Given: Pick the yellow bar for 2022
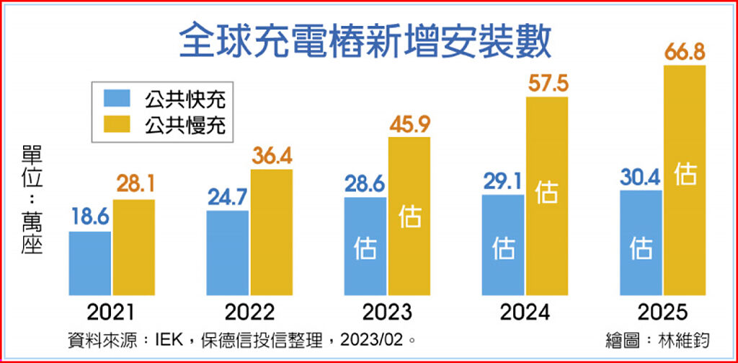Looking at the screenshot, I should [272, 232].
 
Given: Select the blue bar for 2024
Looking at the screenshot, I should [503, 245].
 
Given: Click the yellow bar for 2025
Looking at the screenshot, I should [684, 180].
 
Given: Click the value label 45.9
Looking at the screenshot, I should [409, 123].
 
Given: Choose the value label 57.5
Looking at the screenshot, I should [547, 83].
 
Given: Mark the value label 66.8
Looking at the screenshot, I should [684, 52].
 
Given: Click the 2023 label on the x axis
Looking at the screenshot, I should [387, 312].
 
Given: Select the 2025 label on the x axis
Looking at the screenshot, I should [662, 312].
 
